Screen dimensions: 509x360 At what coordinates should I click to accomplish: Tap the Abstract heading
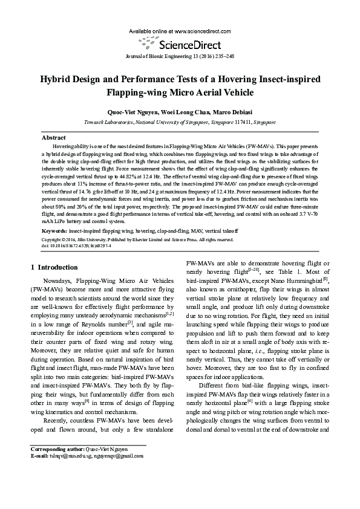click(x=53, y=138)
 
